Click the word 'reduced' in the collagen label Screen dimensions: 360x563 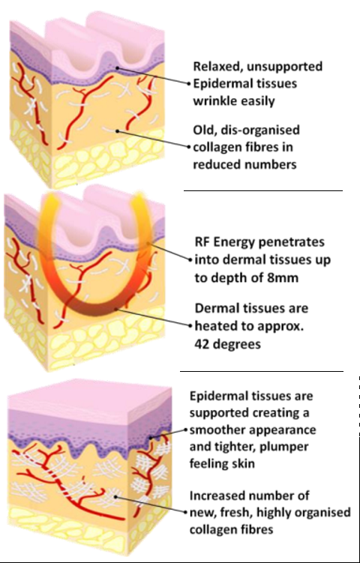click(216, 164)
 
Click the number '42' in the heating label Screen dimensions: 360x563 click(202, 344)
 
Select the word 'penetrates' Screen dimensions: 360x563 click(290, 242)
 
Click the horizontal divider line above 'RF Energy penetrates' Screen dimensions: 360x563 click(263, 191)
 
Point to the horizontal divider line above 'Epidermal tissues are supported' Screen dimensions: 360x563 click(262, 372)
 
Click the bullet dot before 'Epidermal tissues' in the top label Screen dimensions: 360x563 click(188, 84)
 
